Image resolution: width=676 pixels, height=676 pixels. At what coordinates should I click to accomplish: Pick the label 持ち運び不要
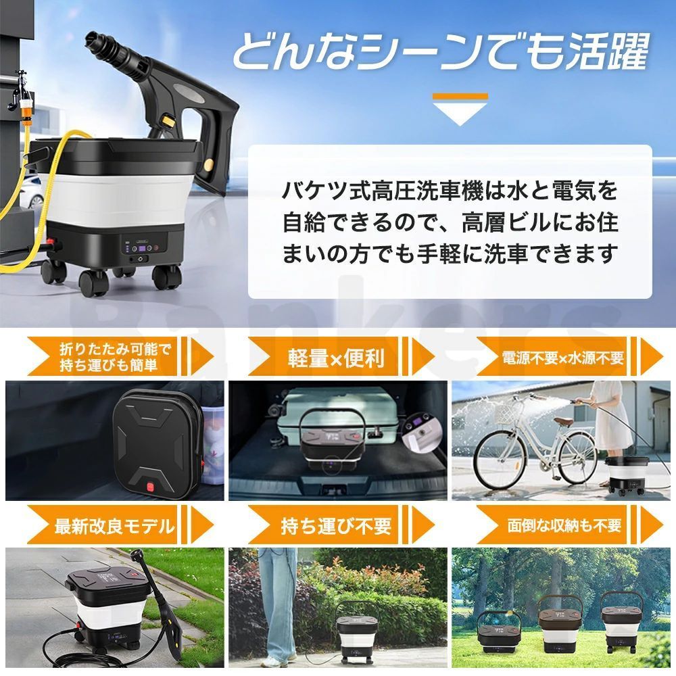(336, 526)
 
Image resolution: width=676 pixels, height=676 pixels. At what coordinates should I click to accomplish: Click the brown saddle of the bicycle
(563, 422)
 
